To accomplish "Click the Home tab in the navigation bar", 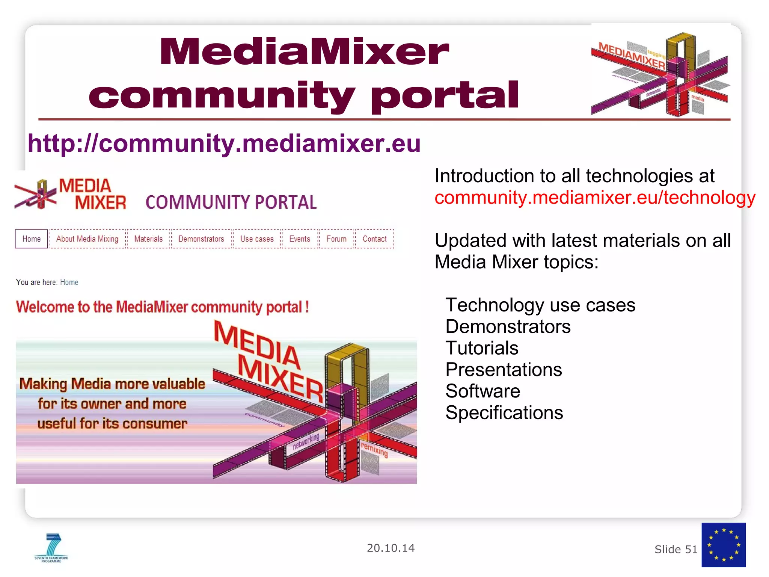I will [32, 239].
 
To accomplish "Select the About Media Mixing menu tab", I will [87, 239].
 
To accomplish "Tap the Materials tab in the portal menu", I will [148, 239].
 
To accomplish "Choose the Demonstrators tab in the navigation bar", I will [201, 239].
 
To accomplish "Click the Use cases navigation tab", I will [257, 239].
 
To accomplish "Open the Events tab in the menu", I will [300, 239].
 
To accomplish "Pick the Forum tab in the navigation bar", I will [336, 239].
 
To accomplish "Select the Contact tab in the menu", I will [374, 239].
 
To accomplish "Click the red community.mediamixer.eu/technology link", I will [595, 198].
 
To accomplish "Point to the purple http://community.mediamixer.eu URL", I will [224, 144].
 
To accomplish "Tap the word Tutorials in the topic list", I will [482, 348].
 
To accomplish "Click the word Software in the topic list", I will [483, 391].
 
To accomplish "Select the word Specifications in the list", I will [504, 413].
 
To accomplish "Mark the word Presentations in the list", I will [504, 370].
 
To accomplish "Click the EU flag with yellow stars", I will [723, 545].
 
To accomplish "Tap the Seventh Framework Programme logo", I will [51, 548].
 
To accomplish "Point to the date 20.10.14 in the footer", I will [391, 548].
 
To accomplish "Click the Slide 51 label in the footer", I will [676, 550].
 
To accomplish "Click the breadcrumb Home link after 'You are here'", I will [69, 282].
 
